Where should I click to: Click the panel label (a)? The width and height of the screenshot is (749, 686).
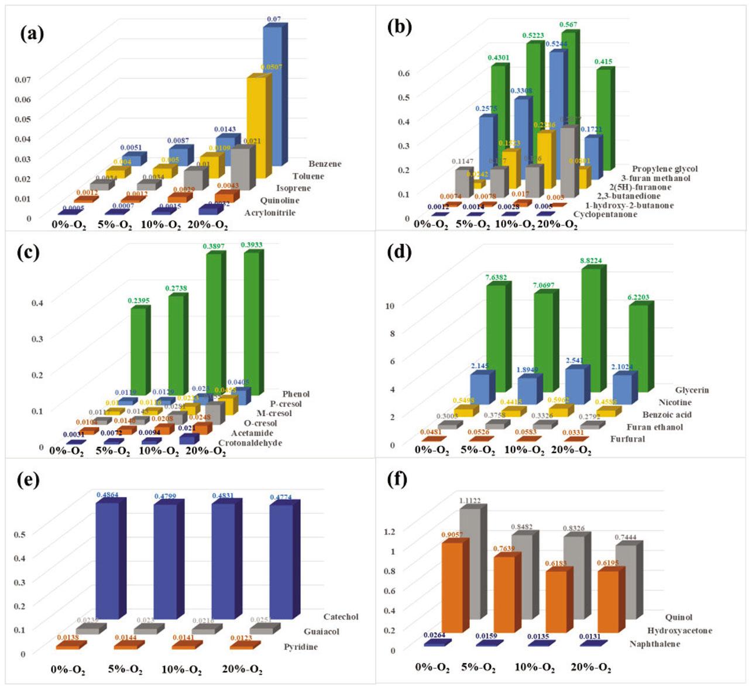[x=32, y=33]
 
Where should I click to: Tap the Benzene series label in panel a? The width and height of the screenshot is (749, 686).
[x=325, y=164]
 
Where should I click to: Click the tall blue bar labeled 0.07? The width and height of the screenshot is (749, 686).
[x=272, y=94]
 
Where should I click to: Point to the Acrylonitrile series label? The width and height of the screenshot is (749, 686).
[x=270, y=212]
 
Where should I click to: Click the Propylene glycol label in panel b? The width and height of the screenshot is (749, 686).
[x=665, y=169]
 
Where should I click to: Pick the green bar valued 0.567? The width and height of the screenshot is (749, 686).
[x=567, y=100]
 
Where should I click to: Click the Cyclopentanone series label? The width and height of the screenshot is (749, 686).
[x=605, y=214]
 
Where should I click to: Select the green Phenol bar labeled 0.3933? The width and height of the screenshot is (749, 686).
[x=252, y=322]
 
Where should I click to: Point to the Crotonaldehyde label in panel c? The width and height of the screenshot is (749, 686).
[x=250, y=443]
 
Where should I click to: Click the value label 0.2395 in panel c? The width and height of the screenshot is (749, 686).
[x=139, y=301]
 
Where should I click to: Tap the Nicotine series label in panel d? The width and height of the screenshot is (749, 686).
[x=675, y=403]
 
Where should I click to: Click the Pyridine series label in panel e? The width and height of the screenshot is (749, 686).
[x=301, y=647]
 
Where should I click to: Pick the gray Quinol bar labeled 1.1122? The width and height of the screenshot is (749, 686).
[x=470, y=562]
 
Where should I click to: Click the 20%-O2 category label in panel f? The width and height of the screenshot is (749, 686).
[x=590, y=667]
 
